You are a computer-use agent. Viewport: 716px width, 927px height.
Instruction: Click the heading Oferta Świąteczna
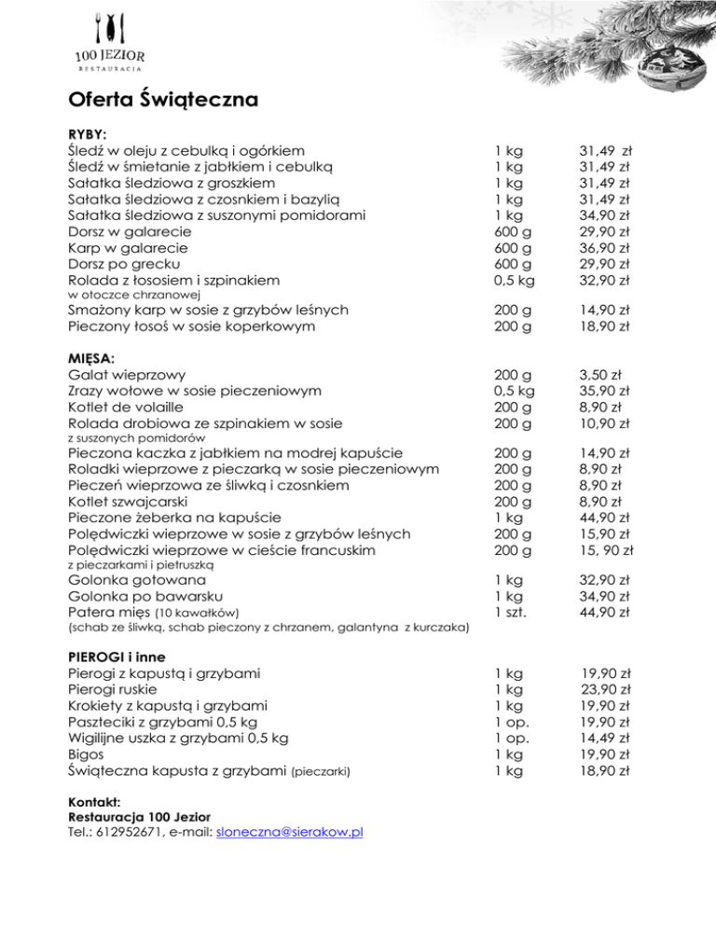163,98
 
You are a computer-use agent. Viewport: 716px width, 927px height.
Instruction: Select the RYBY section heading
88,133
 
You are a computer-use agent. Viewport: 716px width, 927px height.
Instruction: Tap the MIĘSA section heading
92,358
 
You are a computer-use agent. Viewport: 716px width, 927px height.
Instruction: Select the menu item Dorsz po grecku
126,264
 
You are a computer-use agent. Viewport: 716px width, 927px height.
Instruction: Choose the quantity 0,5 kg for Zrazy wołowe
516,391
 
